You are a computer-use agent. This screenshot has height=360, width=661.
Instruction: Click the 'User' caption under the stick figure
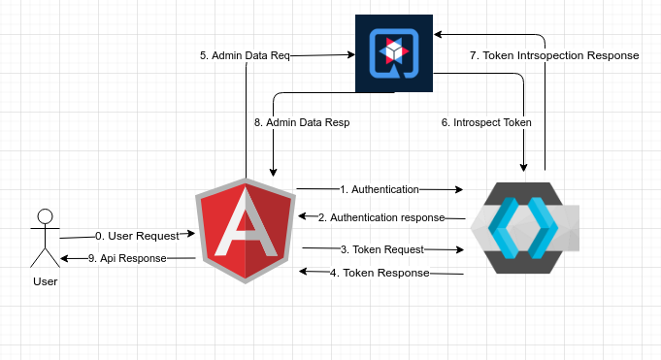pyautogui.click(x=45, y=281)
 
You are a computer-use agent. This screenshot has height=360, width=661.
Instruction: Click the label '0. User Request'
pyautogui.click(x=137, y=236)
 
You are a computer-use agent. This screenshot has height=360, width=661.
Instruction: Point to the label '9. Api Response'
pyautogui.click(x=127, y=258)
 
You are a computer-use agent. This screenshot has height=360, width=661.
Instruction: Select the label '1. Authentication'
pyautogui.click(x=380, y=189)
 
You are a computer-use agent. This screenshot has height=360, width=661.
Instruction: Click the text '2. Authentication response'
pyautogui.click(x=381, y=217)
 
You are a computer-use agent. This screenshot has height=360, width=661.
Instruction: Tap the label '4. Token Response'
pyautogui.click(x=380, y=273)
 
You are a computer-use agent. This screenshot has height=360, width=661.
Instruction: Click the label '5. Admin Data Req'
pyautogui.click(x=245, y=56)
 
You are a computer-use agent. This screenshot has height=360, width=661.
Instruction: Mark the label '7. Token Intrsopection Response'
pyautogui.click(x=554, y=55)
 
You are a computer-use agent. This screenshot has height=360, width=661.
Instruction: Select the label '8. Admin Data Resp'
pyautogui.click(x=302, y=123)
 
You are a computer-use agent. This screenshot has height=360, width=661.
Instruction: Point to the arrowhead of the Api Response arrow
pyautogui.click(x=65, y=258)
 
